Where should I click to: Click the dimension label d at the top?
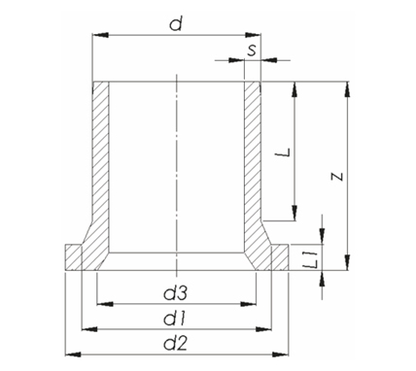click(176, 23)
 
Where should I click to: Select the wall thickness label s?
click(252, 51)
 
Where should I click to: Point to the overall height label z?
click(337, 177)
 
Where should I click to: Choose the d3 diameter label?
click(176, 293)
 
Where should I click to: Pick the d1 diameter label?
click(174, 319)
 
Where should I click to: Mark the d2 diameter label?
click(176, 344)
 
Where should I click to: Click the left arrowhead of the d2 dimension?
click(73, 354)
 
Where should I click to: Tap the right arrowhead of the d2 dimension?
click(280, 354)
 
